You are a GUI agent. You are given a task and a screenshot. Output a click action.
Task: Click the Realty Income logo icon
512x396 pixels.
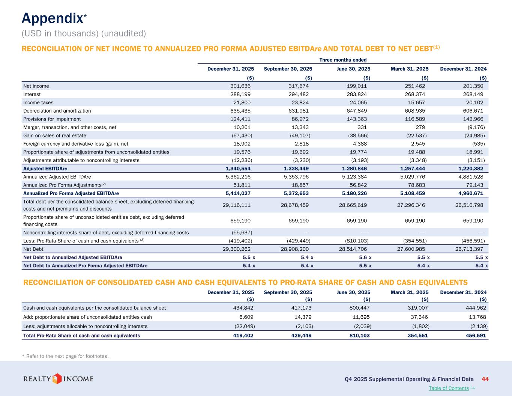(57, 378)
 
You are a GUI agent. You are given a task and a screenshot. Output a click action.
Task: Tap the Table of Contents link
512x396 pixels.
(449, 388)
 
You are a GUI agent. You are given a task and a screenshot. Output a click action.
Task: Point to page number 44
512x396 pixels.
(485, 379)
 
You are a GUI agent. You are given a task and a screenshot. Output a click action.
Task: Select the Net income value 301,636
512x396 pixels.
(240, 86)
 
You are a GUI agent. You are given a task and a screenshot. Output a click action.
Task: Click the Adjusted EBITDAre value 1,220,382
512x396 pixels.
(468, 169)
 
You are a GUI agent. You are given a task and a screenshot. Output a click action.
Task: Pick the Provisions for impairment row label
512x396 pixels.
(52, 119)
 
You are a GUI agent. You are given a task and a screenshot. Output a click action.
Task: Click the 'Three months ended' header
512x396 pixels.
(343, 60)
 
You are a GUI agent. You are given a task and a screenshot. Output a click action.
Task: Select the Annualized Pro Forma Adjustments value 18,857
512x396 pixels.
(299, 185)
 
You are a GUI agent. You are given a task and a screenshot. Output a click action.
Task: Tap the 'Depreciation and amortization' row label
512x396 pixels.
(57, 111)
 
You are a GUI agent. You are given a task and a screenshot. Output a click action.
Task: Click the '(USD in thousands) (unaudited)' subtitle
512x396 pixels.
(84, 33)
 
